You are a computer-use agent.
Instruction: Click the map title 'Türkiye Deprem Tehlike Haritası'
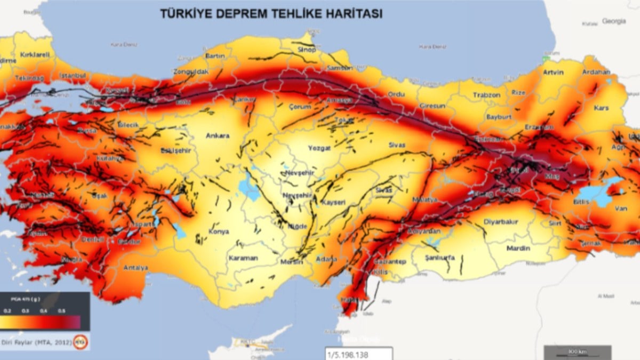(271, 14)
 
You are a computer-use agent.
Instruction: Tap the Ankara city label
(218, 135)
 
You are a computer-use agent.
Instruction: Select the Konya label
(219, 231)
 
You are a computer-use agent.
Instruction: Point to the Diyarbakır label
(501, 222)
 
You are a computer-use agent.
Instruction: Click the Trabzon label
(486, 95)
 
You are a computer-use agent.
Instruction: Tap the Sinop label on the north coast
(307, 50)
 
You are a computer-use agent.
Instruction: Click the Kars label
(601, 108)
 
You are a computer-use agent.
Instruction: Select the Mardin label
(518, 248)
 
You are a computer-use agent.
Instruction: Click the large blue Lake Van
(600, 193)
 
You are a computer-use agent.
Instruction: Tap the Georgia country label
(614, 21)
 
